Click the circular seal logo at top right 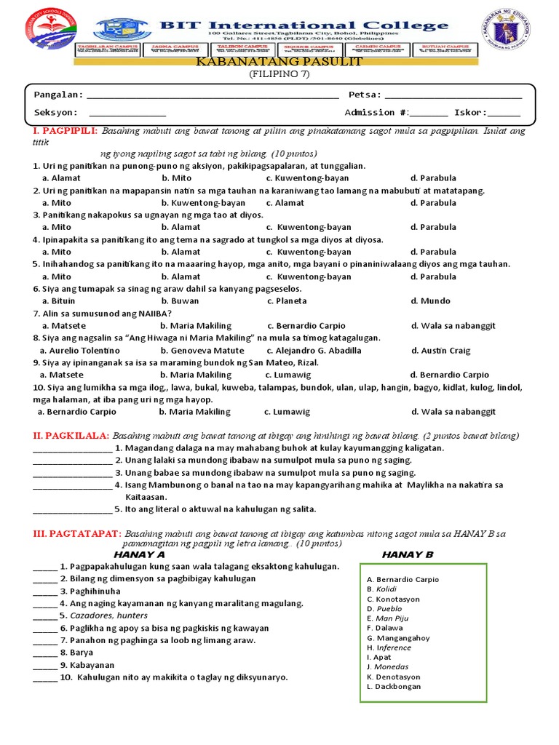pyautogui.click(x=518, y=40)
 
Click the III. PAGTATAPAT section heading pyautogui.click(x=76, y=533)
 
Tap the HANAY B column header pyautogui.click(x=408, y=555)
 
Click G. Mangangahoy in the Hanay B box pyautogui.click(x=398, y=638)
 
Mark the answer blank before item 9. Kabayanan pyautogui.click(x=44, y=665)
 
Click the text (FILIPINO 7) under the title pyautogui.click(x=279, y=74)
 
